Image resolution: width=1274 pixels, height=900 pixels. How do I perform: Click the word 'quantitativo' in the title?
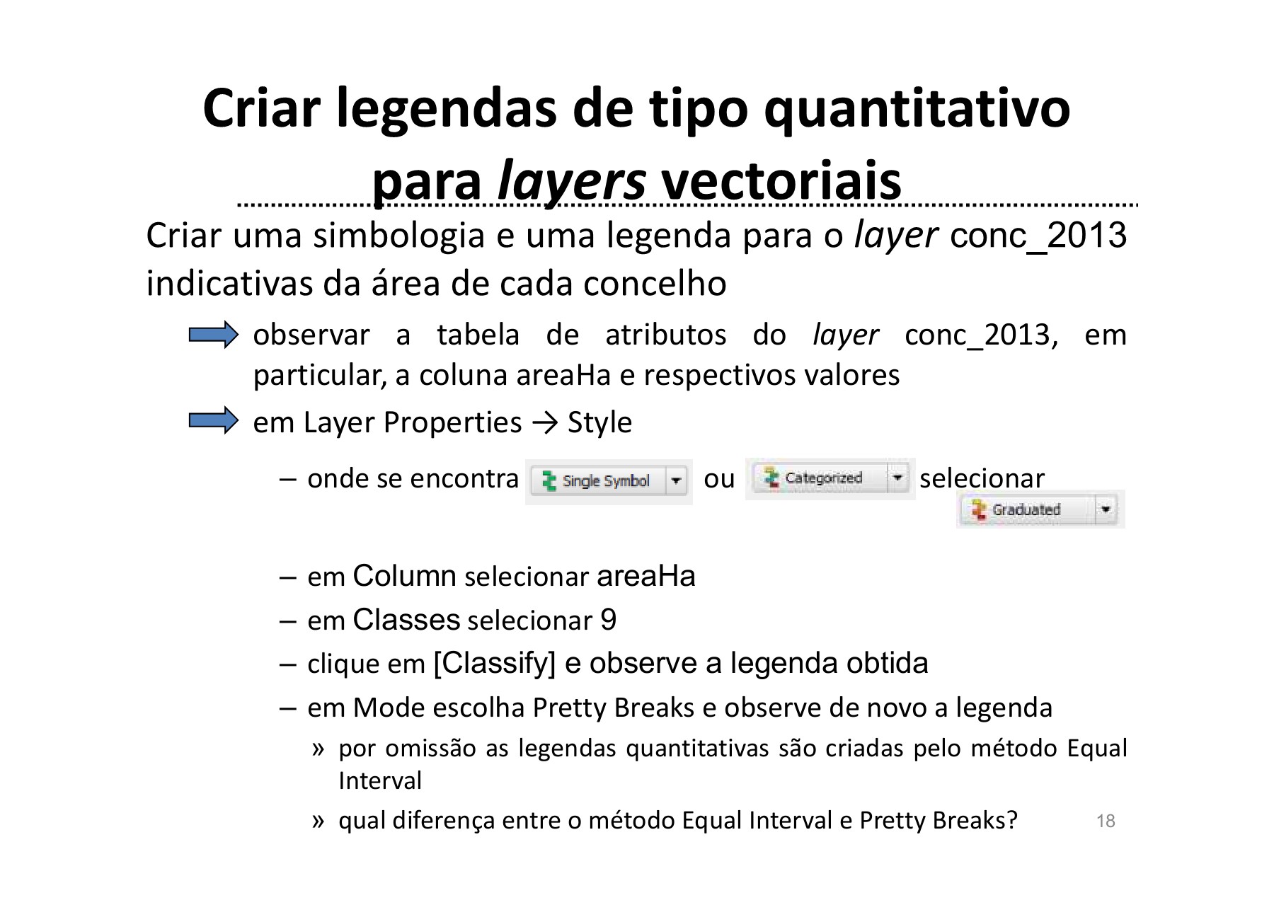pos(917,110)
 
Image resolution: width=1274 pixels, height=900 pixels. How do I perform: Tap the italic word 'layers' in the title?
pos(571,182)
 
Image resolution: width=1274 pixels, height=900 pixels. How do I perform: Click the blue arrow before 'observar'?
pos(213,335)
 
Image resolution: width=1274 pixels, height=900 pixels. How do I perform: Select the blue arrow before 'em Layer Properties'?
pos(213,421)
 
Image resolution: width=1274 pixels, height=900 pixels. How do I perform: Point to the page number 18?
pos(1105,821)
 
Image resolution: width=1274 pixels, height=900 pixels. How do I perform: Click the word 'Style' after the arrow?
pos(599,422)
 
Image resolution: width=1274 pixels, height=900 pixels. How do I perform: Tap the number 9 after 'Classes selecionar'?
pos(608,620)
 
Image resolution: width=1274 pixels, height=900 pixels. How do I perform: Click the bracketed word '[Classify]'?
pos(494,664)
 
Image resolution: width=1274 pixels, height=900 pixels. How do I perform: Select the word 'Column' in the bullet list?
pos(404,576)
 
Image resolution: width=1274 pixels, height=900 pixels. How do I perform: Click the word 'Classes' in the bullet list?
pos(406,620)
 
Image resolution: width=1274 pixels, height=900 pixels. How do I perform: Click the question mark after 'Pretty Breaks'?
pos(1012,820)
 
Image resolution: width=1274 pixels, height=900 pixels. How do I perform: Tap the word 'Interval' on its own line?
pos(380,780)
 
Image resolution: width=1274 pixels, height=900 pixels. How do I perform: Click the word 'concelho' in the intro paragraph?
pos(655,284)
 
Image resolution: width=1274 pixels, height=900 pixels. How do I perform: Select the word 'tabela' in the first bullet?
pos(478,335)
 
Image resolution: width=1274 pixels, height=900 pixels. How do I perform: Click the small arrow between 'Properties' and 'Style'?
pos(544,423)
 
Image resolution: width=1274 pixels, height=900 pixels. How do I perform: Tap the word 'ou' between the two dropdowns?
pos(719,479)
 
